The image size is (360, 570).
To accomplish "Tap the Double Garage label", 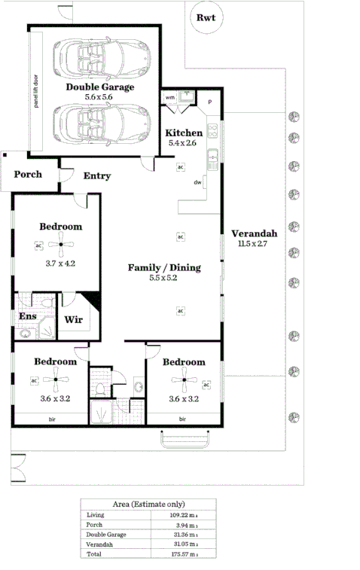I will pyautogui.click(x=99, y=87).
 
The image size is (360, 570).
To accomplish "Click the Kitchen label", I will pyautogui.click(x=184, y=133).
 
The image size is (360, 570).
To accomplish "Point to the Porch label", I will pyautogui.click(x=28, y=175).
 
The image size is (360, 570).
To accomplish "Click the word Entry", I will pyautogui.click(x=97, y=176).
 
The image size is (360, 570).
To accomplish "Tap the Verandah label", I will pyautogui.click(x=254, y=233).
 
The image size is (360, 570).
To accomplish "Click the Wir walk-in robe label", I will pyautogui.click(x=73, y=319).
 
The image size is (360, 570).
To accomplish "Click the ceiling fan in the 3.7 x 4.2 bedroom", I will pyautogui.click(x=61, y=244).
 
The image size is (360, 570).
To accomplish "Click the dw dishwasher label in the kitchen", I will pyautogui.click(x=197, y=182).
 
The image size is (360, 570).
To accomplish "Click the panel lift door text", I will pyautogui.click(x=35, y=91).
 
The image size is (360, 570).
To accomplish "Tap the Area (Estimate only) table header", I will pyautogui.click(x=148, y=504).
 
